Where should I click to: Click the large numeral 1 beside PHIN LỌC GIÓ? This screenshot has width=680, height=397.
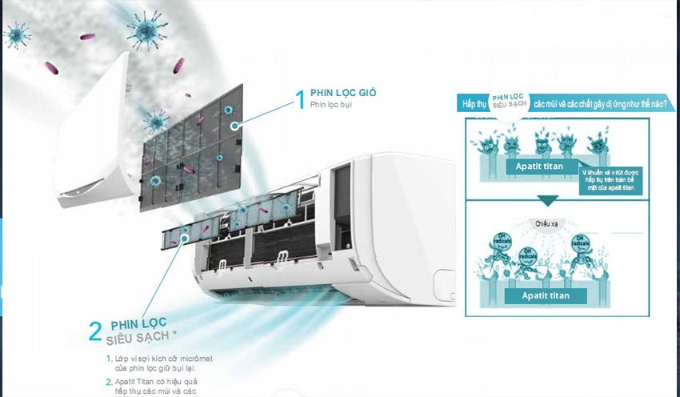(x=301, y=99)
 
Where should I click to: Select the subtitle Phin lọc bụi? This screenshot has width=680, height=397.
(x=332, y=105)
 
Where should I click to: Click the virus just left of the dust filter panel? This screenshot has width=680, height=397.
(x=155, y=122)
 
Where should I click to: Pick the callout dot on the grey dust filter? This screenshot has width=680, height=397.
(x=234, y=126)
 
